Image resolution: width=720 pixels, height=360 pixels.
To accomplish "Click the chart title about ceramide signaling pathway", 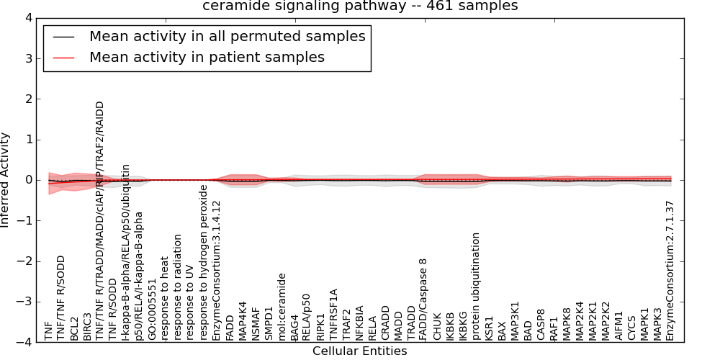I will click(x=359, y=6).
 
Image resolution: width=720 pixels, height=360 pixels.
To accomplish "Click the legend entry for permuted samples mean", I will click(x=227, y=36).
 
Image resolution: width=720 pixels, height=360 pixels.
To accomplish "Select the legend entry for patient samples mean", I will click(x=207, y=57).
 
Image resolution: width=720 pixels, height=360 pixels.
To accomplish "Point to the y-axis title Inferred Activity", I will click(x=6, y=180).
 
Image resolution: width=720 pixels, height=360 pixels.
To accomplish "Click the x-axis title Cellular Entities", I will click(x=359, y=351).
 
